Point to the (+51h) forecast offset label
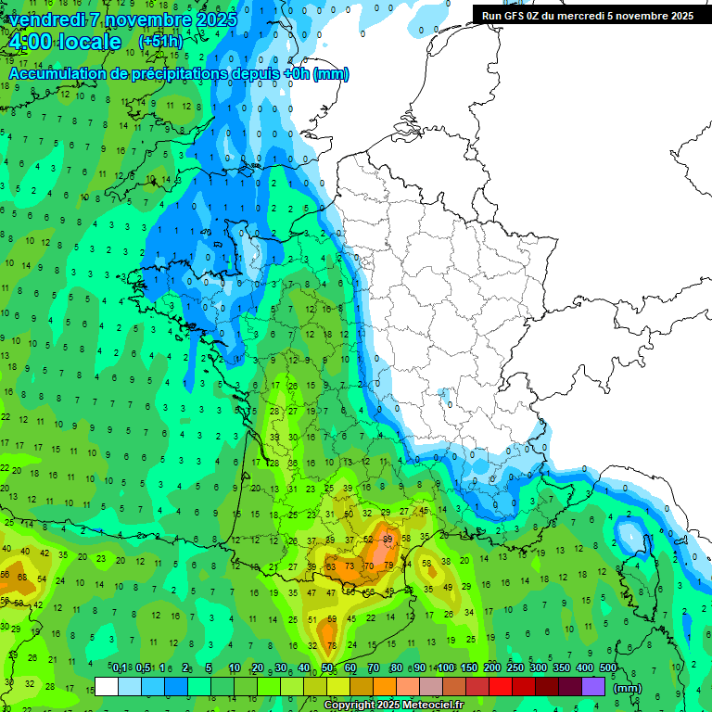pyautogui.click(x=160, y=43)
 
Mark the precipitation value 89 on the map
pyautogui.click(x=388, y=539)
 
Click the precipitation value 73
pyautogui.click(x=350, y=566)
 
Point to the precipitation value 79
pyautogui.click(x=388, y=566)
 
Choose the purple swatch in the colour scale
pyautogui.click(x=593, y=686)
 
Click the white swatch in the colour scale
pyautogui.click(x=107, y=686)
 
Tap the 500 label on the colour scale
pyautogui.click(x=607, y=667)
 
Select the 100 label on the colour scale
pyautogui.click(x=446, y=667)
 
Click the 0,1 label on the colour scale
pyautogui.click(x=120, y=667)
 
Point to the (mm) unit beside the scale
pyautogui.click(x=628, y=688)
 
